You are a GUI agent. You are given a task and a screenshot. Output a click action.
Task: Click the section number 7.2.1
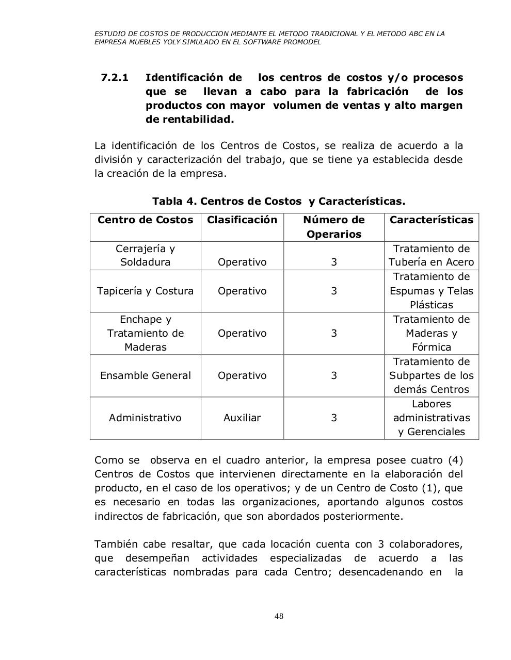pyautogui.click(x=114, y=78)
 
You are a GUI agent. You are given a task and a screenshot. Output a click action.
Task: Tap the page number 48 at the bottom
pyautogui.click(x=279, y=616)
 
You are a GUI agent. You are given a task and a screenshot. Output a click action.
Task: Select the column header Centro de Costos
pyautogui.click(x=145, y=220)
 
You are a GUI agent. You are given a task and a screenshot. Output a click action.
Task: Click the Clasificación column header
pyautogui.click(x=242, y=220)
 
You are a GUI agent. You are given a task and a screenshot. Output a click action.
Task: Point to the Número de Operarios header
pyautogui.click(x=333, y=227)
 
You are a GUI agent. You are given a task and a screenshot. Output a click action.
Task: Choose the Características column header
pyautogui.click(x=431, y=220)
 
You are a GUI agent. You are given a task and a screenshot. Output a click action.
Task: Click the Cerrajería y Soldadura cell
pyautogui.click(x=145, y=255)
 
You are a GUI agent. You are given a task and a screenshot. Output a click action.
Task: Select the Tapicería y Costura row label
pyautogui.click(x=145, y=291)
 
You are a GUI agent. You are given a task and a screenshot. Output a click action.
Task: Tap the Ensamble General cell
pyautogui.click(x=145, y=375)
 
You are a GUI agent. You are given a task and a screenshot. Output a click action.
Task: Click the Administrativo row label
pyautogui.click(x=145, y=418)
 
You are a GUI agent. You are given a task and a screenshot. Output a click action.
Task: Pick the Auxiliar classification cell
pyautogui.click(x=242, y=418)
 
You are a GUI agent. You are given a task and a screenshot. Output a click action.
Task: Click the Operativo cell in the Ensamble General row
pyautogui.click(x=242, y=375)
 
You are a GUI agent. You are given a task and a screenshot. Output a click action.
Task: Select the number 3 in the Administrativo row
pyautogui.click(x=333, y=418)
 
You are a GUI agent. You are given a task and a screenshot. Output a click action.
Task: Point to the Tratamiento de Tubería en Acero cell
pyautogui.click(x=431, y=255)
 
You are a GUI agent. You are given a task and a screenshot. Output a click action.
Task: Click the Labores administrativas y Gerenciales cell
pyautogui.click(x=431, y=418)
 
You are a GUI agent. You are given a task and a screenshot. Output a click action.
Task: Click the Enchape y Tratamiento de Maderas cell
pyautogui.click(x=145, y=333)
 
